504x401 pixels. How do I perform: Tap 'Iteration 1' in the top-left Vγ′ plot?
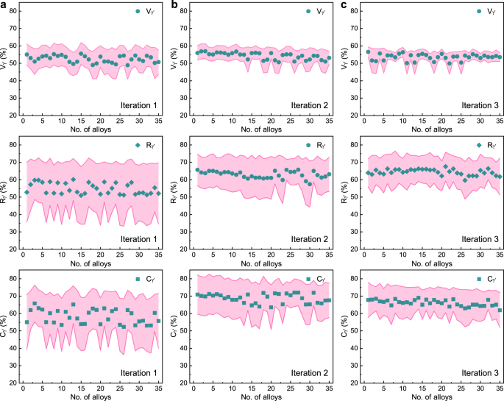(x=138, y=105)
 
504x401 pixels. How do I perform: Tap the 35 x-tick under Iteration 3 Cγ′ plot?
(x=499, y=390)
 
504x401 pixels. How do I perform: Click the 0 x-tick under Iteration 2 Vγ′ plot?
(x=194, y=122)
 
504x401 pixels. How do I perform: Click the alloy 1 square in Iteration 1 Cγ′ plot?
(x=27, y=322)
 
